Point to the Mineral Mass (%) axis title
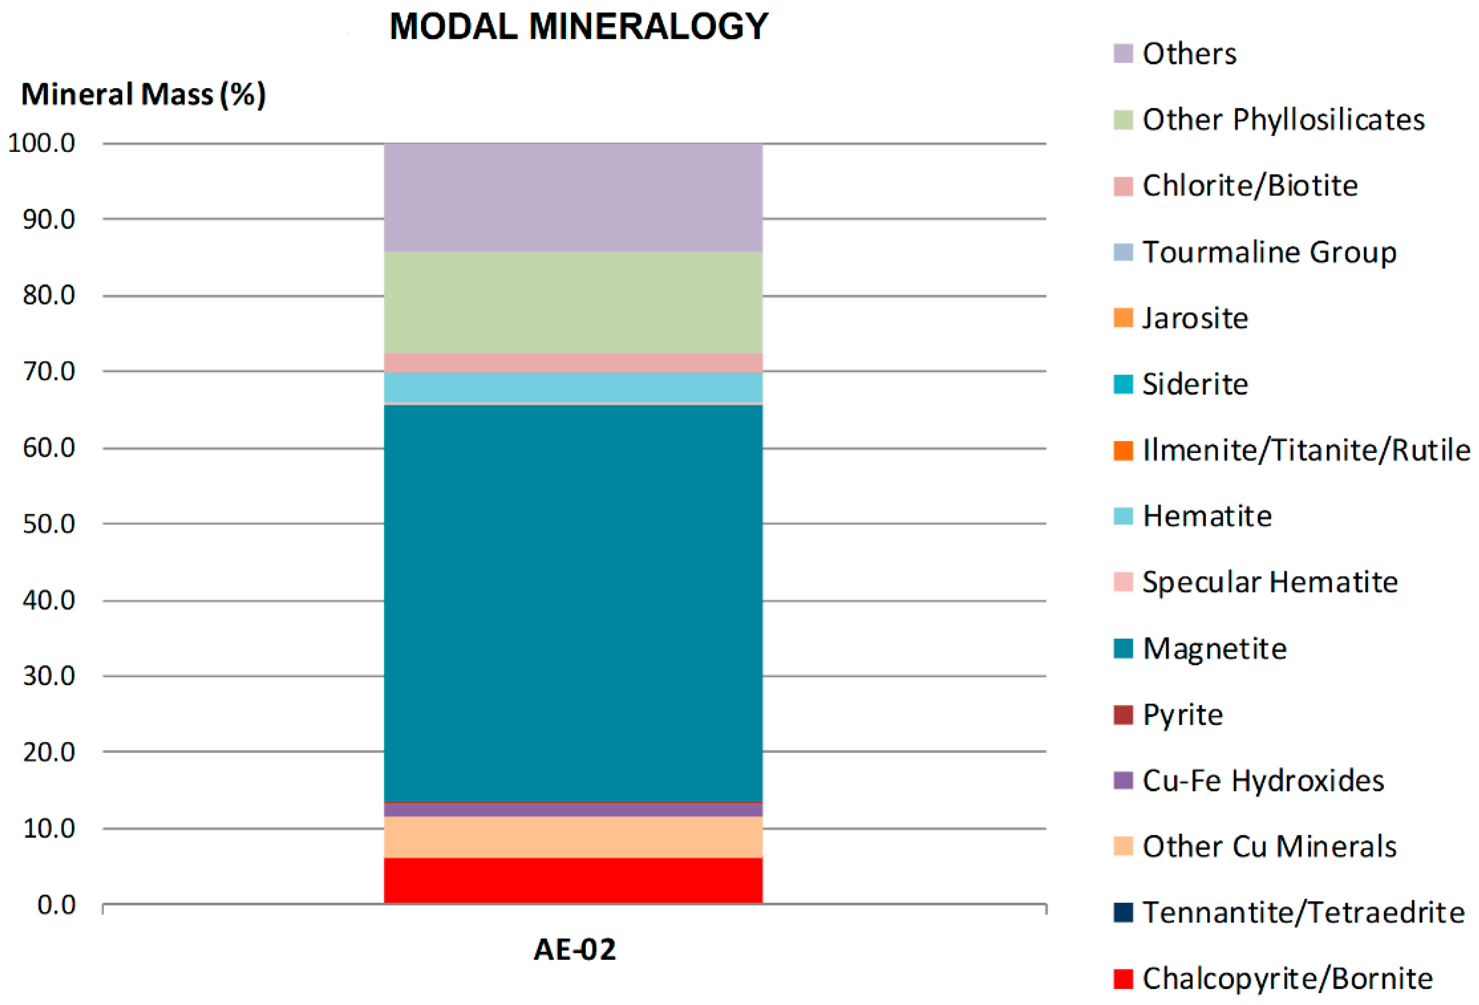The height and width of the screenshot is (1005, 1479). (143, 94)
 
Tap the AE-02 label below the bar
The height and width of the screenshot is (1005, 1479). (574, 949)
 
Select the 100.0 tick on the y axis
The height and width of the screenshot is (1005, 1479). (41, 143)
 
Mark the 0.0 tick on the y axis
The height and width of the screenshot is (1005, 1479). (56, 904)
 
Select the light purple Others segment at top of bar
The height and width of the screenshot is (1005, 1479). (573, 197)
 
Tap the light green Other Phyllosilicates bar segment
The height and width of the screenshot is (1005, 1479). (573, 302)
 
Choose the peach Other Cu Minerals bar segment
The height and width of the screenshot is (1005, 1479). (573, 837)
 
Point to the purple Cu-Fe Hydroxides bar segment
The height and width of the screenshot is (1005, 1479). (573, 810)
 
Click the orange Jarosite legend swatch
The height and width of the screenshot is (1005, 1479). (1123, 318)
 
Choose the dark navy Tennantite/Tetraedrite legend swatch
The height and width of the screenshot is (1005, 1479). (1123, 912)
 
